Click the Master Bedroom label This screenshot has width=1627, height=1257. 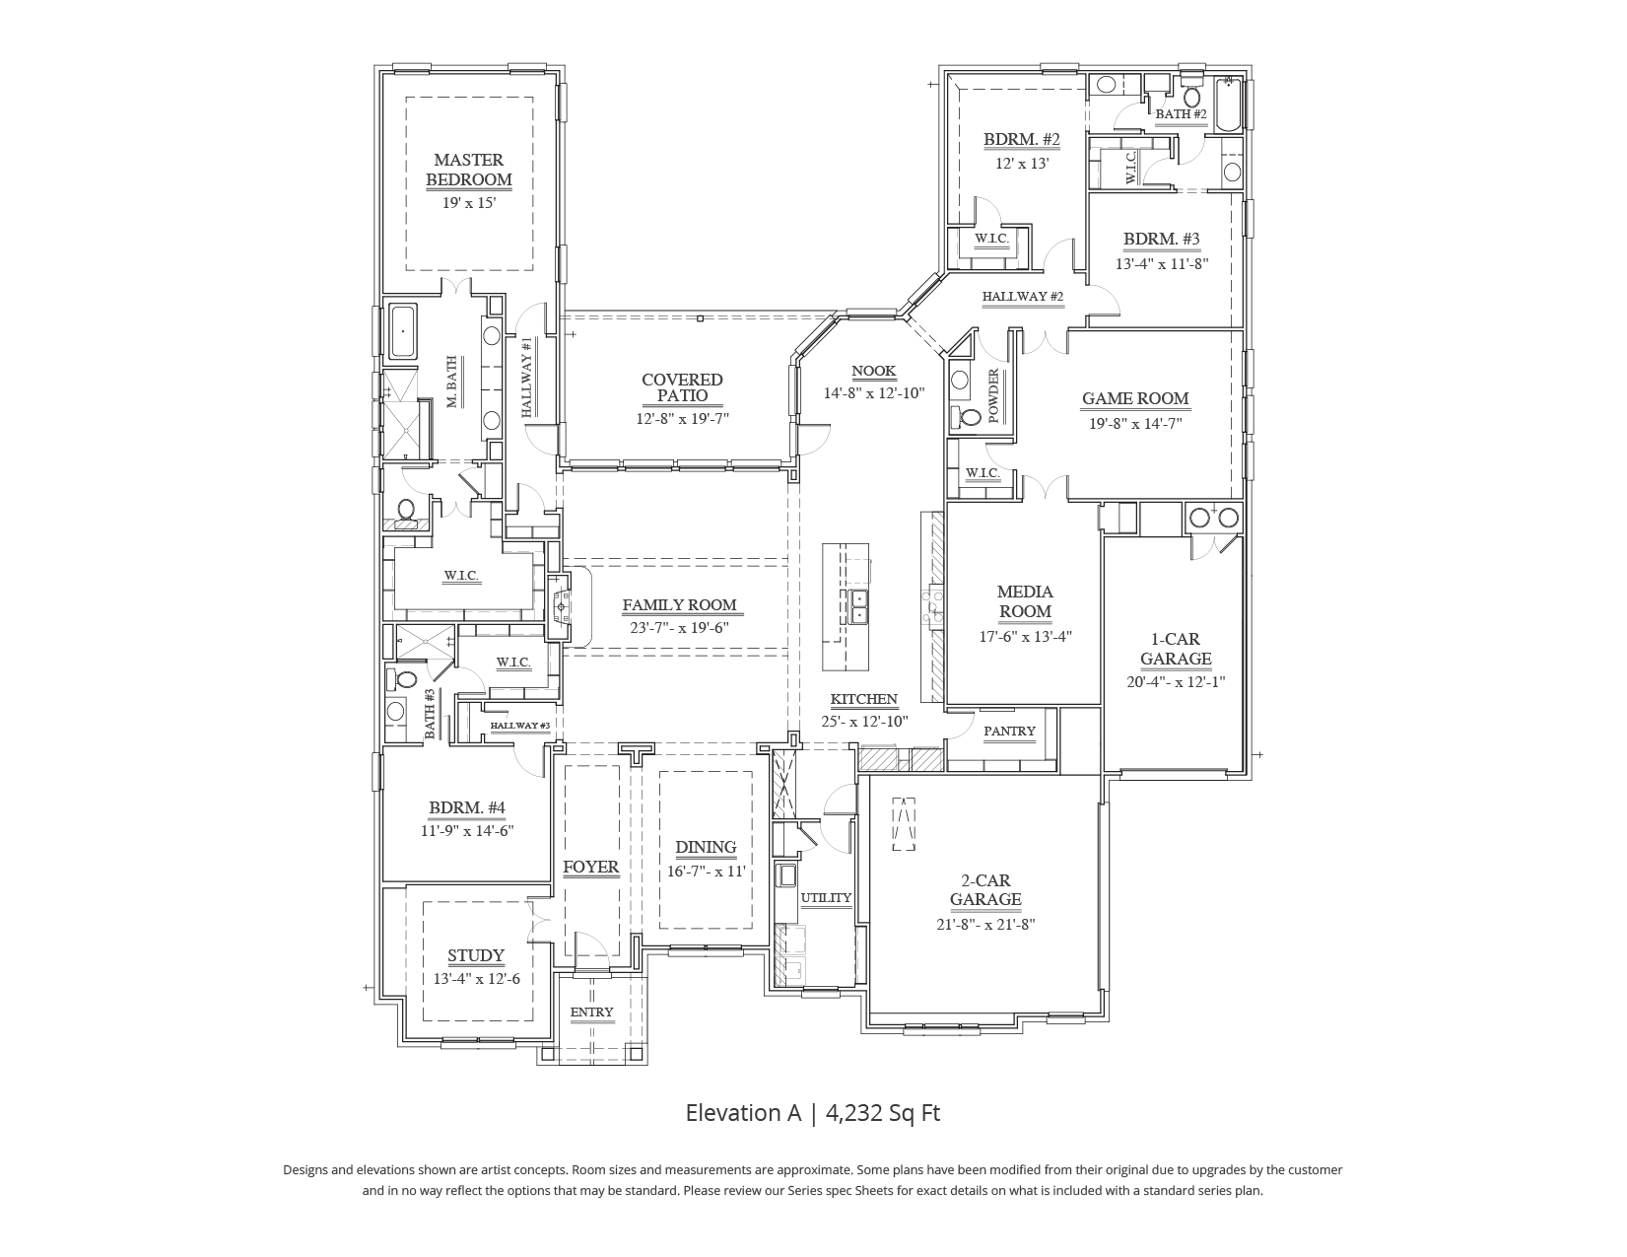pyautogui.click(x=468, y=170)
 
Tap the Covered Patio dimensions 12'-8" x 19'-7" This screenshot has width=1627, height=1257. pyautogui.click(x=682, y=419)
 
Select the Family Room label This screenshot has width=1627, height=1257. pyautogui.click(x=679, y=605)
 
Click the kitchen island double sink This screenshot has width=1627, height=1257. pyautogui.click(x=858, y=606)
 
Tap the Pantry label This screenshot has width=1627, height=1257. pyautogui.click(x=1009, y=732)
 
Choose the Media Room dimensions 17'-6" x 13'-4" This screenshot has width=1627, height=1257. pyautogui.click(x=1025, y=637)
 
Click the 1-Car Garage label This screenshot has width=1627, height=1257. pyautogui.click(x=1176, y=649)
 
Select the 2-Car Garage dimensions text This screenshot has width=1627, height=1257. pyautogui.click(x=985, y=925)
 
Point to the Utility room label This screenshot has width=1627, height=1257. pyautogui.click(x=826, y=898)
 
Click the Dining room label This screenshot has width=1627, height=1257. pyautogui.click(x=706, y=847)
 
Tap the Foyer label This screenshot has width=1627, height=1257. pyautogui.click(x=590, y=868)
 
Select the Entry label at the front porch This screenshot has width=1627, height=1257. pyautogui.click(x=591, y=1013)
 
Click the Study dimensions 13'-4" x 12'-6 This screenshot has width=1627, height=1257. pyautogui.click(x=476, y=980)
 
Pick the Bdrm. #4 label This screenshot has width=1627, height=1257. pyautogui.click(x=467, y=808)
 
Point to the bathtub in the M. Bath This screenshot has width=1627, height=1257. pyautogui.click(x=403, y=332)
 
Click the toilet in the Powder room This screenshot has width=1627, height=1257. pyautogui.click(x=970, y=417)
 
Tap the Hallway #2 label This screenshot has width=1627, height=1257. pyautogui.click(x=1023, y=297)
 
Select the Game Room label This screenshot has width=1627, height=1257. pyautogui.click(x=1135, y=399)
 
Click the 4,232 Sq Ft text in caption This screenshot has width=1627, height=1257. pyautogui.click(x=883, y=1113)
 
